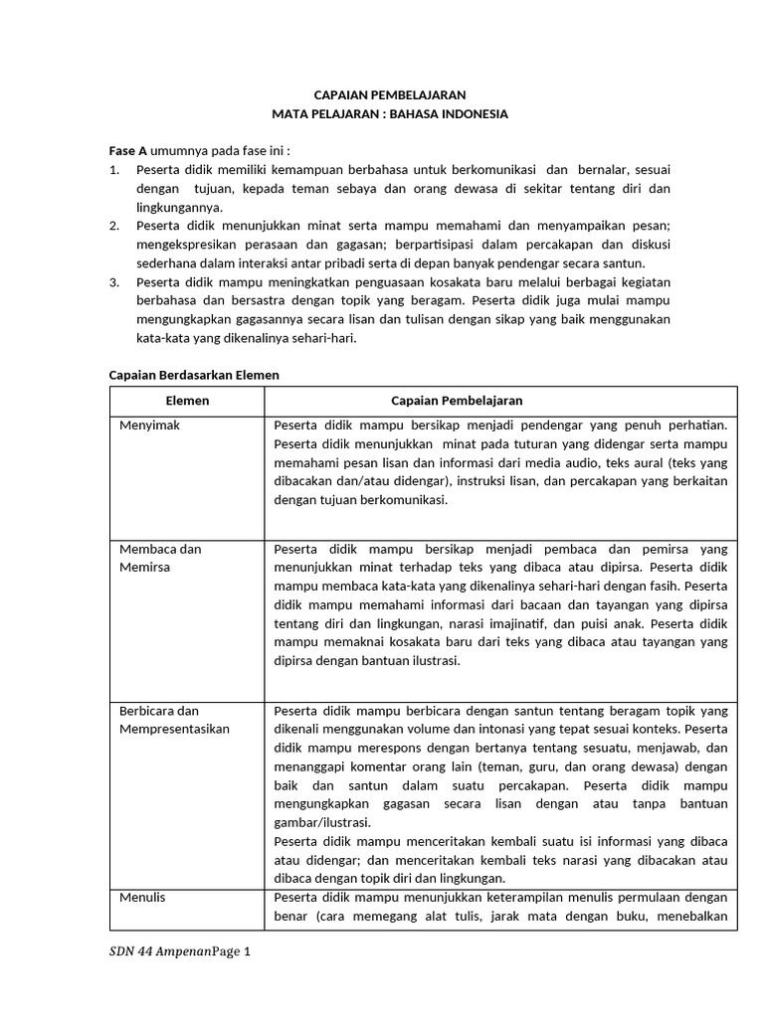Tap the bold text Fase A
(x=127, y=151)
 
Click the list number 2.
(x=113, y=227)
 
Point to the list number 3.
(x=113, y=282)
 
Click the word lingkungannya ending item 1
(x=179, y=207)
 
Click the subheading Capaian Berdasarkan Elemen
(x=193, y=375)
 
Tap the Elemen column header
(x=186, y=400)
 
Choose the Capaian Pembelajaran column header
(x=457, y=400)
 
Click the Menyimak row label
(x=149, y=425)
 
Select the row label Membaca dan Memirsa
(x=160, y=557)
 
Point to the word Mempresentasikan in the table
(x=174, y=729)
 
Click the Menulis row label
(x=142, y=898)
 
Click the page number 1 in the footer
(x=249, y=952)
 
